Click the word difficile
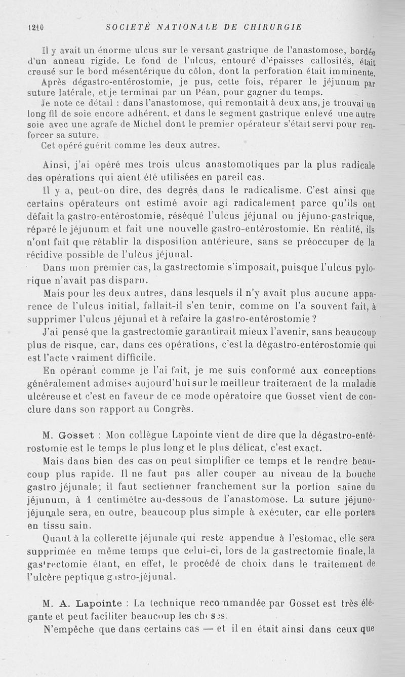click(x=124, y=356)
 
